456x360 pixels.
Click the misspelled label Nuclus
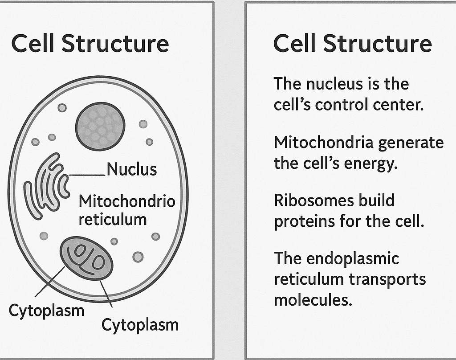click(132, 169)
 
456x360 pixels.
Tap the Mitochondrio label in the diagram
click(127, 201)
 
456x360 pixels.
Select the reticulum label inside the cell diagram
click(112, 219)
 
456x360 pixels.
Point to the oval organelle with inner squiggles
click(87, 258)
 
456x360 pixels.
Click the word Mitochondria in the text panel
click(323, 142)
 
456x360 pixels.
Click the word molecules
click(313, 300)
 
